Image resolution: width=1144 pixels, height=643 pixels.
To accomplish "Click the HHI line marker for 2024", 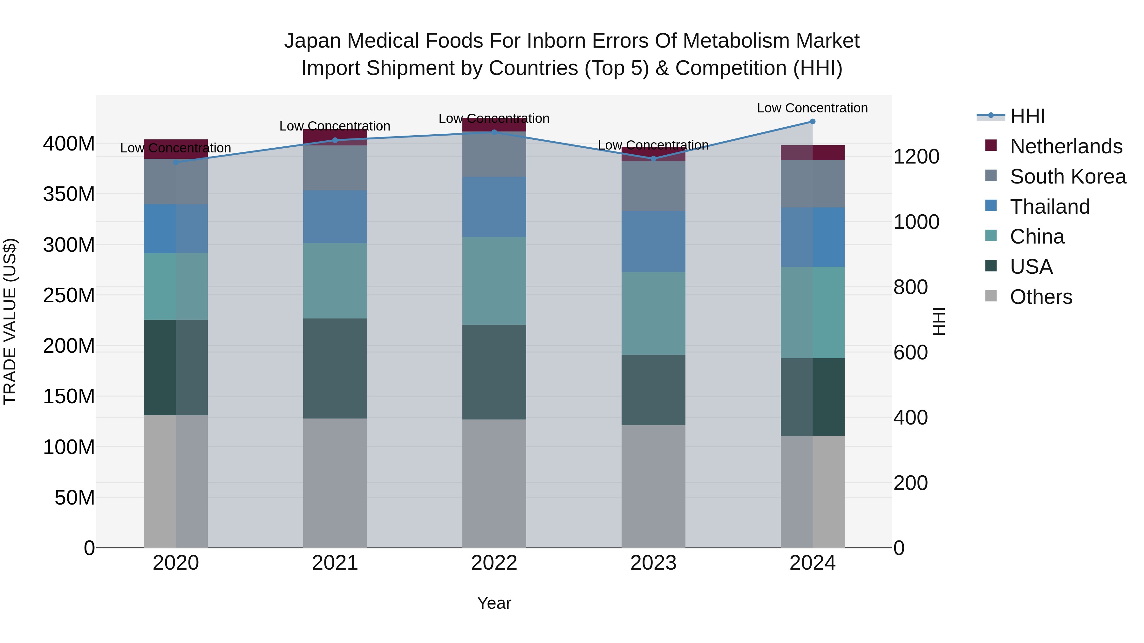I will tap(812, 122).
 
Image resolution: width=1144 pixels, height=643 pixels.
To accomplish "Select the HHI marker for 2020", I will tap(176, 162).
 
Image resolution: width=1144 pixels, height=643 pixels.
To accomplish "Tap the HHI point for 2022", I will tap(494, 132).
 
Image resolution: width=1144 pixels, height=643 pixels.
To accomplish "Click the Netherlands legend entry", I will tap(1066, 146).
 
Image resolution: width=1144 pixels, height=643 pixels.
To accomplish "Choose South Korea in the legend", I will tap(1068, 176).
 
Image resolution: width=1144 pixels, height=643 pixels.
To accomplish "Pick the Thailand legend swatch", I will tap(991, 206).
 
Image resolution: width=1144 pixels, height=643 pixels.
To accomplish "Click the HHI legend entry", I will tap(1027, 116).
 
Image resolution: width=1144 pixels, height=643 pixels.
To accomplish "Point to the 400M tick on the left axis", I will tap(69, 144).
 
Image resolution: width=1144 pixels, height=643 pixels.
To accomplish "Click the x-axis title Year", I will tap(494, 604).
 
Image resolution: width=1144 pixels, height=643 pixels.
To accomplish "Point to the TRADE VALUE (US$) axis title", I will tap(10, 321).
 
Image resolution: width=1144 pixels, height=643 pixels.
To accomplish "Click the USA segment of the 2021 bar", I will tap(335, 368).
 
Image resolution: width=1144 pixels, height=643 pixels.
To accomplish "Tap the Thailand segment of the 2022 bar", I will tap(494, 207).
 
